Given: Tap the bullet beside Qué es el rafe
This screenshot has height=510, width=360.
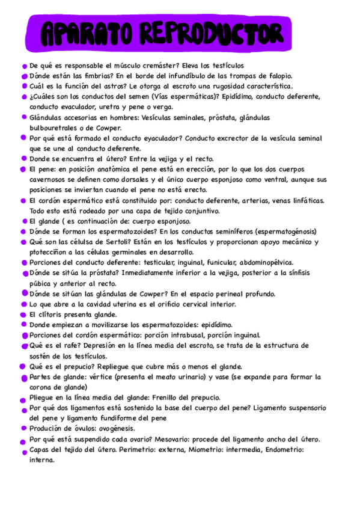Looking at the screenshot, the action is [24, 346].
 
